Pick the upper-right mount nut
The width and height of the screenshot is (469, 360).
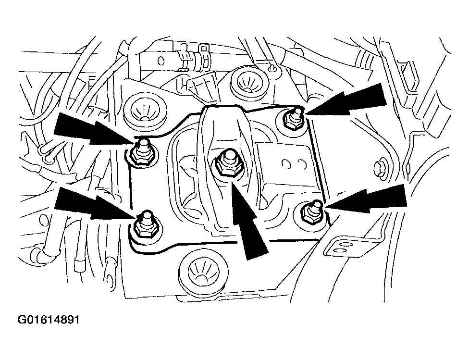294,118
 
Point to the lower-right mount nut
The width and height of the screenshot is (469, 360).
312,211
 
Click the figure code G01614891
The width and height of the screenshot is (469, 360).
49,320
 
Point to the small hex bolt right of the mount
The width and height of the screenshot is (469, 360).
381,169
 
